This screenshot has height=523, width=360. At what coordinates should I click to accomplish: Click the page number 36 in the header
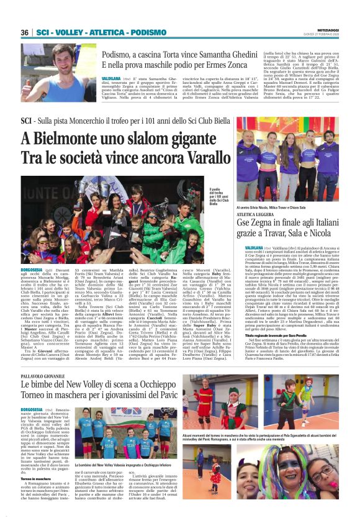[25, 32]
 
